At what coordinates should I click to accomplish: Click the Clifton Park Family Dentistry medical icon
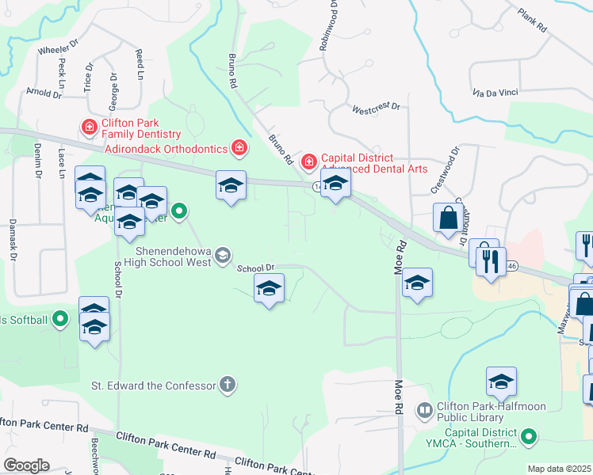click(x=90, y=127)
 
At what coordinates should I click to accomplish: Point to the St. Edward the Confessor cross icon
click(x=228, y=386)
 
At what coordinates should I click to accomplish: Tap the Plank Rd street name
click(x=532, y=20)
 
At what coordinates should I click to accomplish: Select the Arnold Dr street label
click(x=43, y=93)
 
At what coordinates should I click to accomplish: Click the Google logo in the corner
click(x=26, y=465)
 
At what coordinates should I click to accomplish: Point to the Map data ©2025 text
click(x=559, y=469)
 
